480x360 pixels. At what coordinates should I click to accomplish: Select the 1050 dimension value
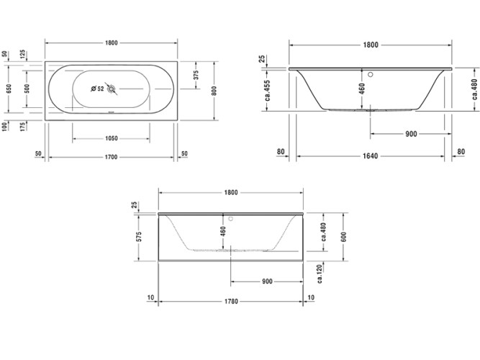pyautogui.click(x=112, y=137)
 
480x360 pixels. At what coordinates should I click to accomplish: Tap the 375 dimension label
pyautogui.click(x=196, y=75)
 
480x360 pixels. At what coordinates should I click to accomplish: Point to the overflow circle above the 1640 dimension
pyautogui.click(x=371, y=72)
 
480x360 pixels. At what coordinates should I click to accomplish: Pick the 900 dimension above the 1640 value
pyautogui.click(x=412, y=134)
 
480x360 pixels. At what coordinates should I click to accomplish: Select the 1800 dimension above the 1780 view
pyautogui.click(x=230, y=192)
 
